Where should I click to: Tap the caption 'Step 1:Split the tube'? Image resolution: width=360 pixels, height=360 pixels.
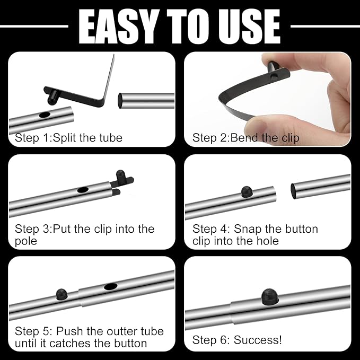pos(68,138)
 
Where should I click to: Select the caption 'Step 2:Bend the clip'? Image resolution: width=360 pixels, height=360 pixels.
pos(245,138)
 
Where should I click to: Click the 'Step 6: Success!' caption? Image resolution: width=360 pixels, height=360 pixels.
pos(237,339)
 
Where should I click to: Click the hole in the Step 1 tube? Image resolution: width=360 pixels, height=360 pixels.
pos(45,115)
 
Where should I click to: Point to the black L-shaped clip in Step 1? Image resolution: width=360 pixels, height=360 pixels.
pos(85,93)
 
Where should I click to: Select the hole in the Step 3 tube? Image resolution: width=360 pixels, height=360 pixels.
pos(83,189)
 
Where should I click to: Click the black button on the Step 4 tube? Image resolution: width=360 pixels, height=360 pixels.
pos(246,191)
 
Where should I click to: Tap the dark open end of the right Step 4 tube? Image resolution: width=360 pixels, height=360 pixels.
pos(293,190)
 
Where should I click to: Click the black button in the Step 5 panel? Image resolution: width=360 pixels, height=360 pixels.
pos(61,293)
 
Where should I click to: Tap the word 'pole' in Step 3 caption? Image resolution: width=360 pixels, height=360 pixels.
pos(26,241)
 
